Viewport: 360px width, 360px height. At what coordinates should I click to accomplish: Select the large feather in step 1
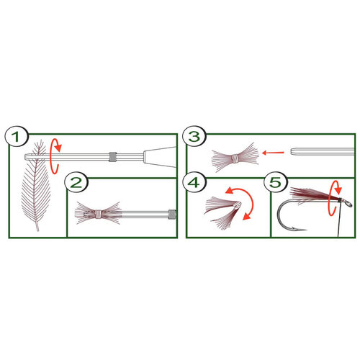(35, 186)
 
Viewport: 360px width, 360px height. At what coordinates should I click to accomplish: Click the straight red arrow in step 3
(271, 153)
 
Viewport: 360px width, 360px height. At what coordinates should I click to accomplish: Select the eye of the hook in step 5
(345, 204)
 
